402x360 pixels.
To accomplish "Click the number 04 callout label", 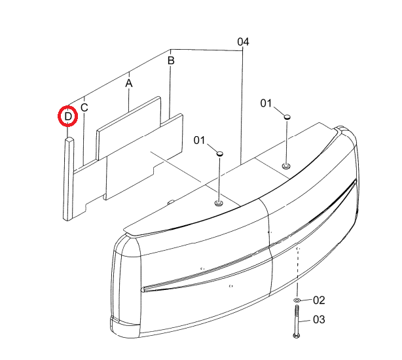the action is (243, 42).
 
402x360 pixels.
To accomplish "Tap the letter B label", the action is (171, 61).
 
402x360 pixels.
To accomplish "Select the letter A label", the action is (129, 83).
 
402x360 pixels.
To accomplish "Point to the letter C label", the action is (84, 107).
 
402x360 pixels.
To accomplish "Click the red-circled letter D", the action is (68, 117).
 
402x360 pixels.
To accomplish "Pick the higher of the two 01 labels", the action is (266, 103).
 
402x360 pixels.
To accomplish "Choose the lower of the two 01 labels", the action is (200, 141).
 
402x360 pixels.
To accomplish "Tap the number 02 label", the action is (319, 300).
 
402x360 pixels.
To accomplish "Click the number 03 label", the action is (319, 320).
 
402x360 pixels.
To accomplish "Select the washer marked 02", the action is (297, 300).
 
